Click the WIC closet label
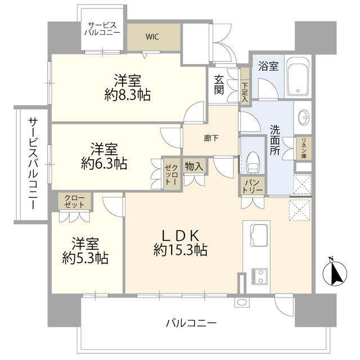coord(152,37)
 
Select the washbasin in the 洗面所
coord(302,119)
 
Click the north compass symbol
coord(335,273)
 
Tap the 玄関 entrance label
coord(219,85)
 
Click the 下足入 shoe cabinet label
coord(245,91)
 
